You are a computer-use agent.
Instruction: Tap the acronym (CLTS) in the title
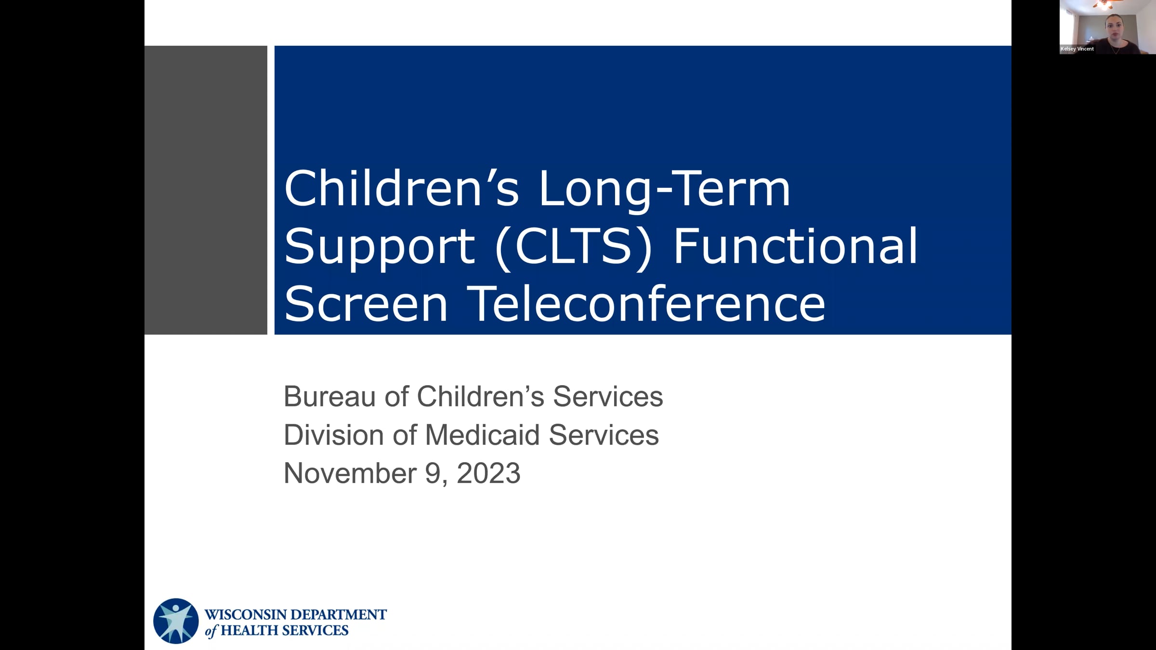573,247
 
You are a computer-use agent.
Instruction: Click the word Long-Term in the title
664,189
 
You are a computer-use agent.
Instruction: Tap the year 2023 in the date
488,473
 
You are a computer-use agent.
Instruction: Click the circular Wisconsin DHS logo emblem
176,621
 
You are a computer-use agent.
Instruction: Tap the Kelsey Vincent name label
1077,49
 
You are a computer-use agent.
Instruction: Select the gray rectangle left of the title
206,190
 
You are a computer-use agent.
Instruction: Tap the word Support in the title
380,247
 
